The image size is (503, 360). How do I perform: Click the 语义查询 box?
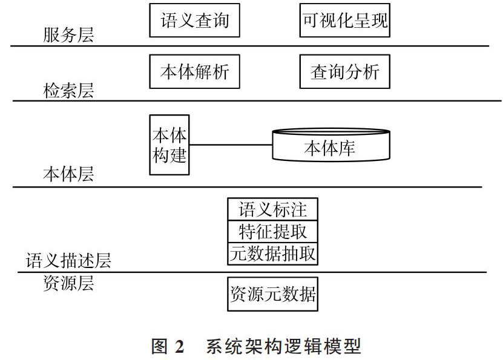tap(194, 20)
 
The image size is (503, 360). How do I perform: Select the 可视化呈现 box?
tap(344, 20)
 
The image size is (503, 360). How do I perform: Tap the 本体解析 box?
tap(194, 71)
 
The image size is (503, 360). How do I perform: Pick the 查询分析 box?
tap(344, 71)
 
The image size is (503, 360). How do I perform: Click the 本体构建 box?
tap(169, 145)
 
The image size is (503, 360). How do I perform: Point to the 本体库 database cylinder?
tap(331, 145)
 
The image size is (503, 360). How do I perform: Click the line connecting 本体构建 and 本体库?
tap(231, 145)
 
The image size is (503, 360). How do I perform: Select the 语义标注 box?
tap(272, 209)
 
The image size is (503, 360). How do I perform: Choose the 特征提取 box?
tap(272, 232)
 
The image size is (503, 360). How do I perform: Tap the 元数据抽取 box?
tap(272, 254)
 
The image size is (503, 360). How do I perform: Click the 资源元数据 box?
tap(272, 294)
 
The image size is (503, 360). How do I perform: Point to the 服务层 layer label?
tap(68, 34)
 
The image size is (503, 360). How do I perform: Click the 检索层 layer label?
tap(68, 90)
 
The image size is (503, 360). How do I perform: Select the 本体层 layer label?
tap(68, 174)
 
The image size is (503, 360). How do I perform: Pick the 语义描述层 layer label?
tap(68, 260)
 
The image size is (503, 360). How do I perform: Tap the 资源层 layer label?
tap(68, 283)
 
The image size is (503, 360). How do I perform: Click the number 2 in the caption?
tap(180, 347)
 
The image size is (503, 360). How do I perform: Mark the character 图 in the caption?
tap(159, 347)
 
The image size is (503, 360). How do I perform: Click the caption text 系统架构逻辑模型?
tap(283, 347)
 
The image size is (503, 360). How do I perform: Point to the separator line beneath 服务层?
tap(249, 46)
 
